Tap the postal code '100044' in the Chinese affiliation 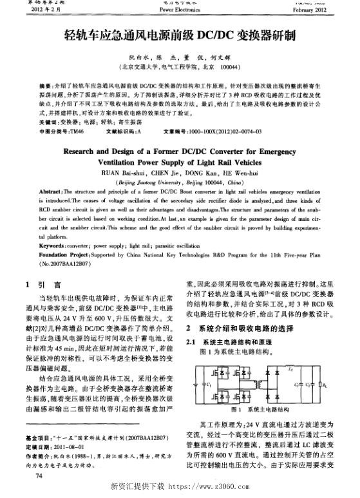pyautogui.click(x=231, y=66)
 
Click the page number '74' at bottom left pyautogui.click(x=40, y=475)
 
